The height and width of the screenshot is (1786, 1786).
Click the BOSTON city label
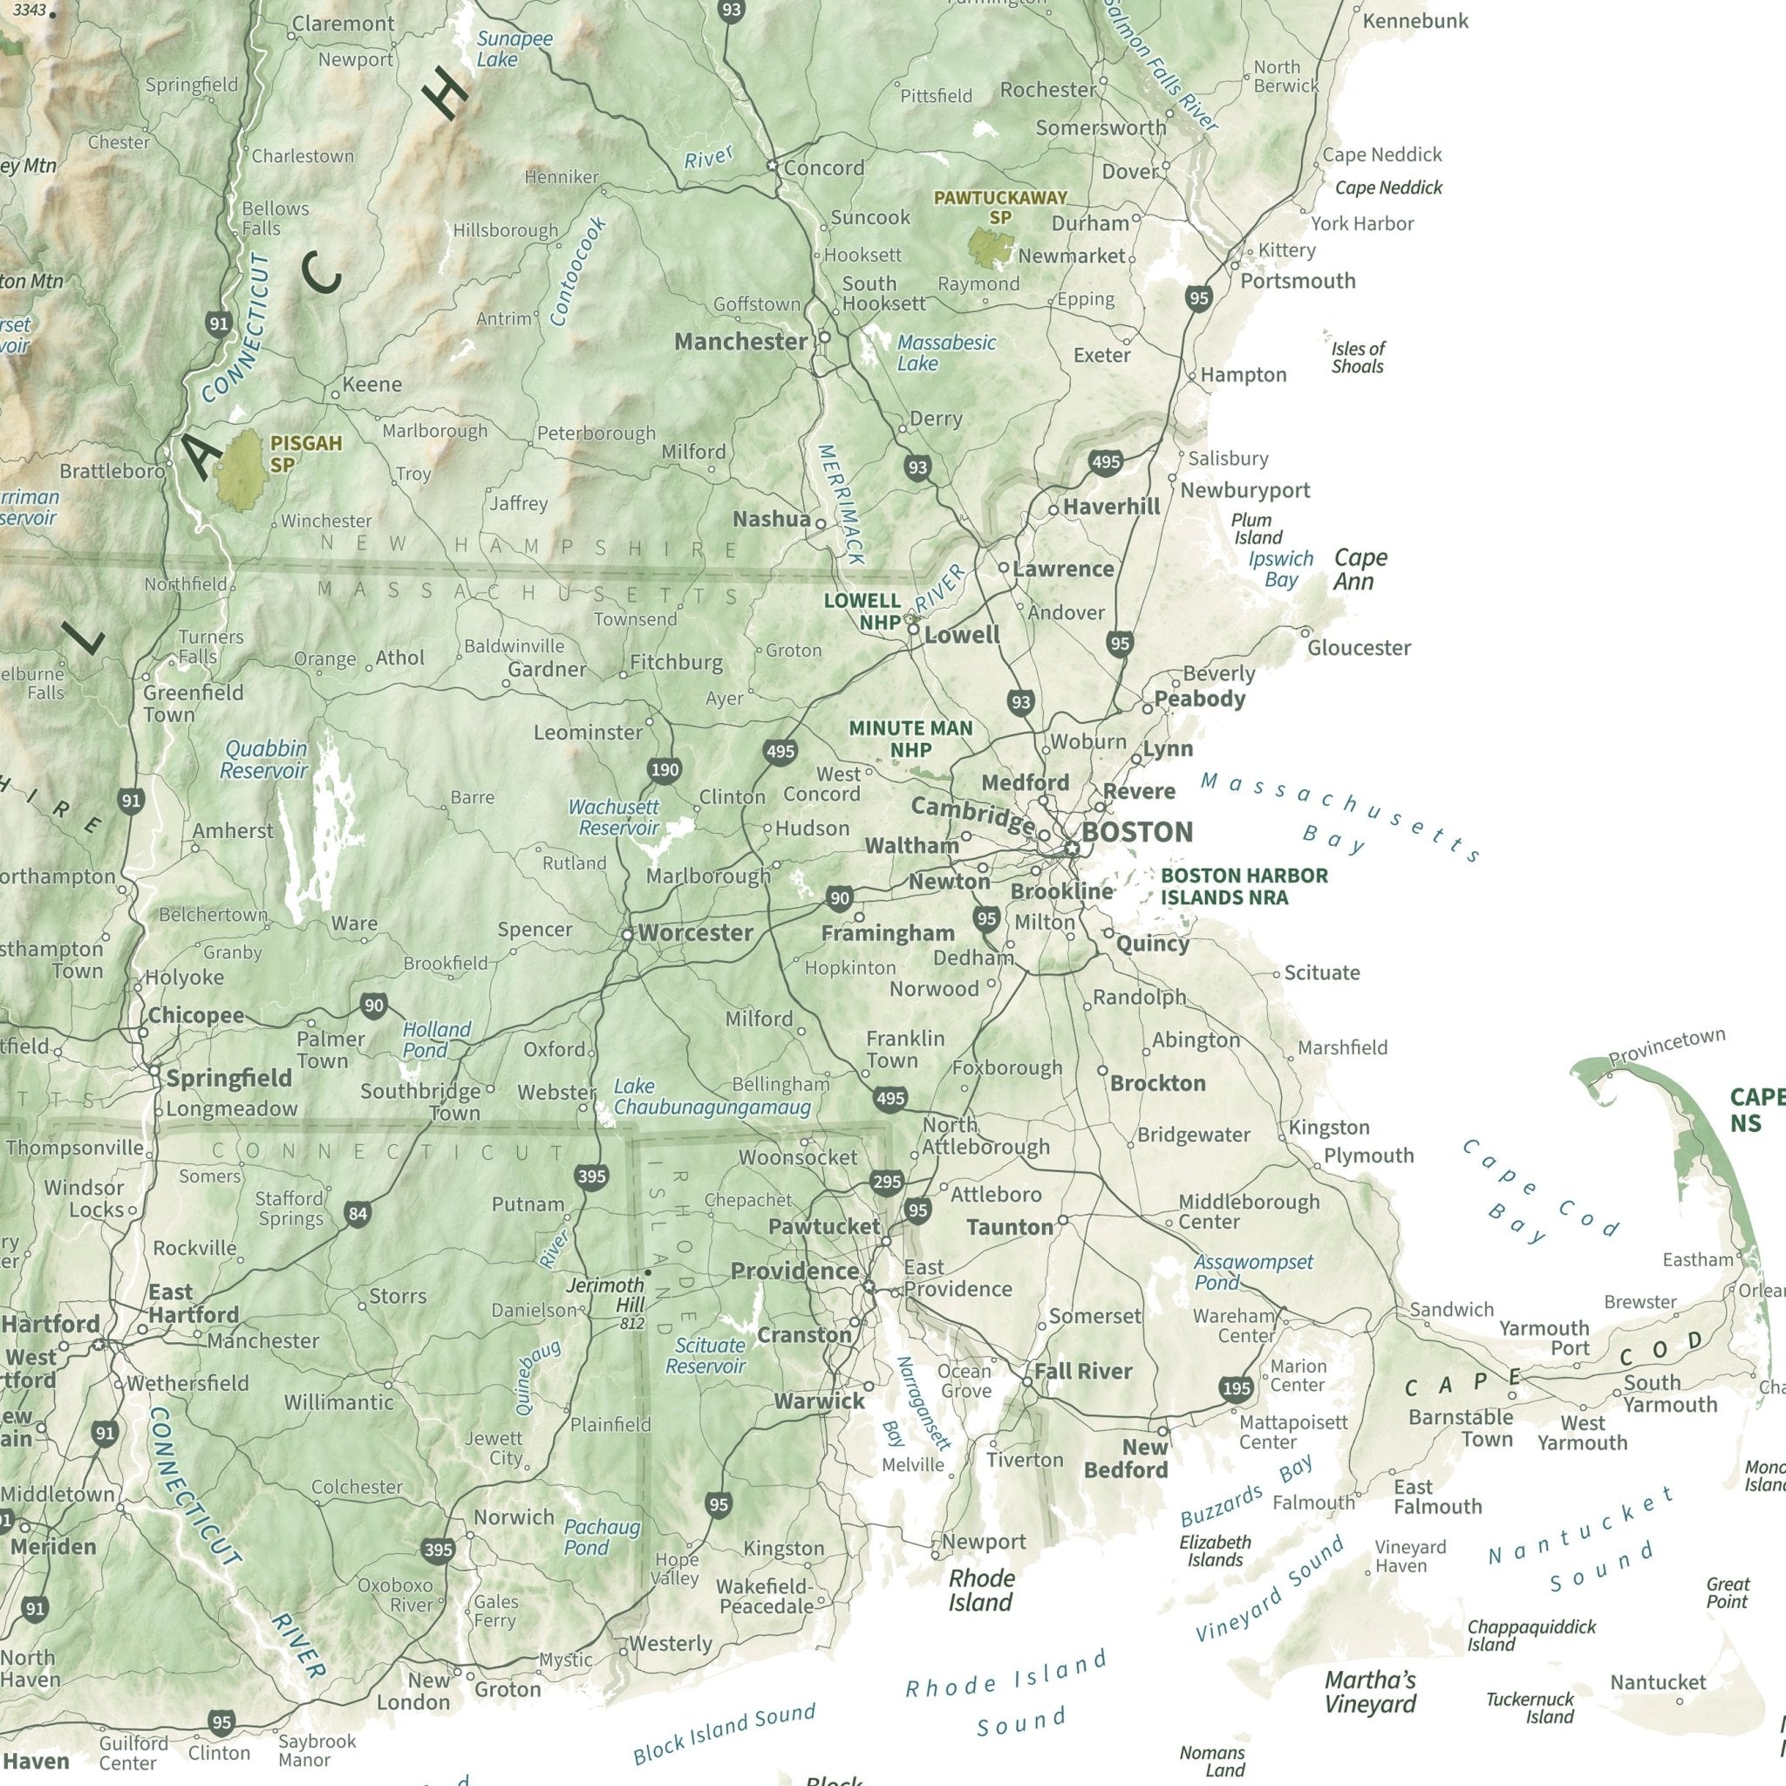(x=1136, y=832)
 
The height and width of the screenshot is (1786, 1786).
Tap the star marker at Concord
(x=772, y=166)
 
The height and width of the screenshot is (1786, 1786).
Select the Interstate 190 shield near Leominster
(x=665, y=770)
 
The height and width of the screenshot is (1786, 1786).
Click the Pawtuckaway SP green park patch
(x=990, y=247)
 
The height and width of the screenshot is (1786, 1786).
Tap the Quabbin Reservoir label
(x=263, y=760)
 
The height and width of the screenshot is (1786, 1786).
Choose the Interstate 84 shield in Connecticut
(x=358, y=1214)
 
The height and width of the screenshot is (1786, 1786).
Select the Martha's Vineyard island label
(x=1370, y=1693)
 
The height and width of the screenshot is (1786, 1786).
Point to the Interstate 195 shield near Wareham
(x=1236, y=1388)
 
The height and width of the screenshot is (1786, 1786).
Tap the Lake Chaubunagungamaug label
(x=712, y=1097)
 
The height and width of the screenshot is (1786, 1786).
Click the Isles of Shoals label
(x=1357, y=358)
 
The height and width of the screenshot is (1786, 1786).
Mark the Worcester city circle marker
(x=627, y=936)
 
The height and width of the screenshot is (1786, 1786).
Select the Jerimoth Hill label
(x=605, y=1295)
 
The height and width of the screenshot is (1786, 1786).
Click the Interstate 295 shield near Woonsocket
(x=887, y=1183)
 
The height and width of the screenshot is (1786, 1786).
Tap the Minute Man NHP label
(x=910, y=739)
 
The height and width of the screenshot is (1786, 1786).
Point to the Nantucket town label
(x=1659, y=1682)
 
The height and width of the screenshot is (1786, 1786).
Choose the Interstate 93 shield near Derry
(x=917, y=467)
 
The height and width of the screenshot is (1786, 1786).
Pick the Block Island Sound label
(x=724, y=1735)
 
